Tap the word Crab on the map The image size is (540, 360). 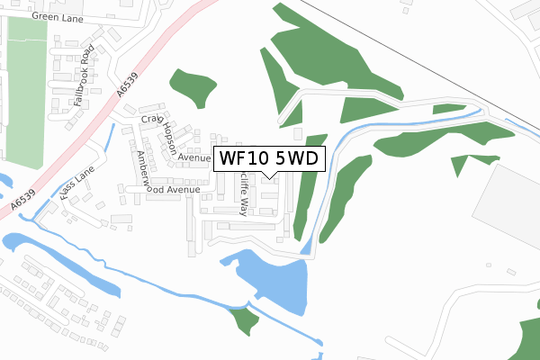coord(149,119)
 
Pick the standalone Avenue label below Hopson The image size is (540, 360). coord(193,157)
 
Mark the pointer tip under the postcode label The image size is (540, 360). coord(267,177)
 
